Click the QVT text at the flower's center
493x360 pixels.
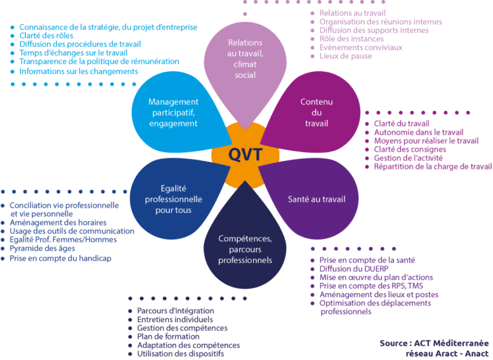[245, 155]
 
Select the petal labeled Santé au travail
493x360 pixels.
[315, 200]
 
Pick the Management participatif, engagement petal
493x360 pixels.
[173, 112]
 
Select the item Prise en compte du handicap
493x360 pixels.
[60, 258]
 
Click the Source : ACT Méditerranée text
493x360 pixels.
[433, 343]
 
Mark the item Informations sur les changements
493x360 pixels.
[78, 71]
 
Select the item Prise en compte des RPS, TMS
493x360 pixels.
[371, 286]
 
